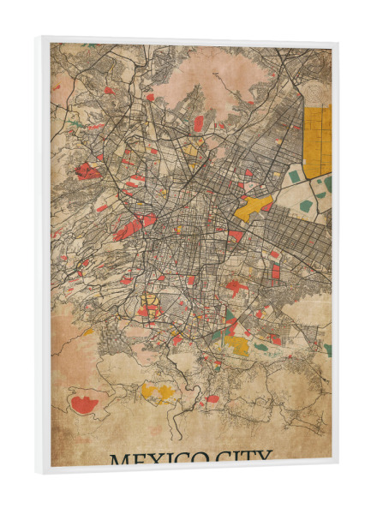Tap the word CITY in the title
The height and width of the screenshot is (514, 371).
click(x=242, y=457)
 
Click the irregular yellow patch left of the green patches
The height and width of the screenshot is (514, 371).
click(x=254, y=207)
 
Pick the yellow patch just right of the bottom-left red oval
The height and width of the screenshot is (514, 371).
click(x=157, y=391)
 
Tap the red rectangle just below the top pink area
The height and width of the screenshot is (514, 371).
click(x=199, y=123)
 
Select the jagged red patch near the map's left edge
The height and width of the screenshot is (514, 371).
click(x=87, y=171)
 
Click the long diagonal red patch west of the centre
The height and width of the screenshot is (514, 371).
click(x=130, y=227)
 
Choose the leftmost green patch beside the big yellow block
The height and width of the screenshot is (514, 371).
click(x=294, y=176)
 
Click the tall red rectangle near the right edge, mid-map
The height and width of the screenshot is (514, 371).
click(x=276, y=273)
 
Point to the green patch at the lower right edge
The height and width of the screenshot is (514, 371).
click(x=327, y=350)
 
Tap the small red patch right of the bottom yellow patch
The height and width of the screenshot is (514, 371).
click(x=212, y=398)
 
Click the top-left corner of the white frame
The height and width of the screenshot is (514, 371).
click(x=38, y=38)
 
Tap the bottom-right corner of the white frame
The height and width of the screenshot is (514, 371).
click(x=337, y=469)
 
